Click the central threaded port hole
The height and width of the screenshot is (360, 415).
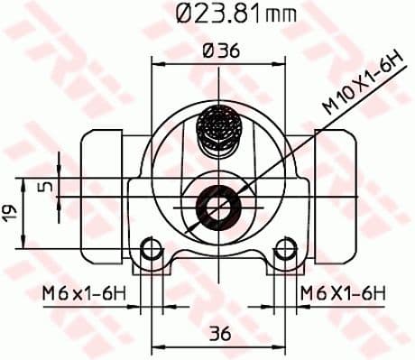coord(217,208)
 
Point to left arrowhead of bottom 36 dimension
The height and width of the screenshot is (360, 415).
coord(155,346)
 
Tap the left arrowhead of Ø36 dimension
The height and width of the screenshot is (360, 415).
coord(155,63)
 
